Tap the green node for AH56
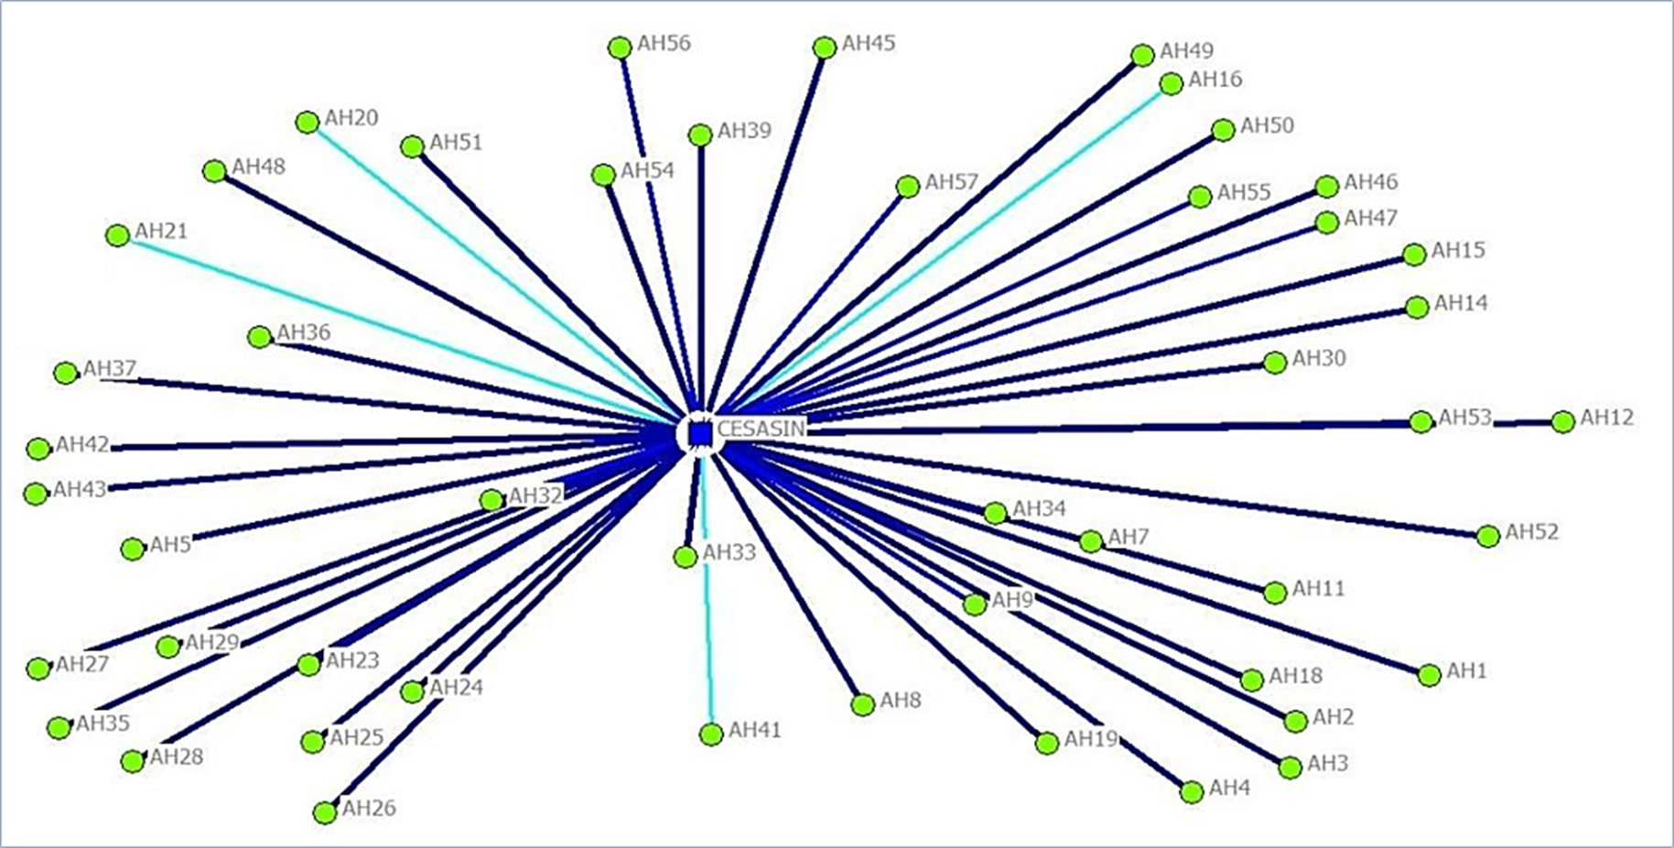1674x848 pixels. (620, 47)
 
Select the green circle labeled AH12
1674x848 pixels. (1563, 421)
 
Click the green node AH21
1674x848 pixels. (117, 235)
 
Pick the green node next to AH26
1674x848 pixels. (325, 812)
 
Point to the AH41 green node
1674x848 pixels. (711, 734)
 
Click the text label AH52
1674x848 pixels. (1531, 532)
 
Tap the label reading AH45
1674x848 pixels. (869, 43)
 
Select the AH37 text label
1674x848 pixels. (110, 368)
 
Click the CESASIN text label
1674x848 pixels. (761, 429)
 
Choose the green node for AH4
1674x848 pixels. (1192, 792)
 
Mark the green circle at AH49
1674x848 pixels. (1142, 56)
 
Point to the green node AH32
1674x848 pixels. (491, 500)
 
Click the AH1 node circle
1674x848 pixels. (1429, 675)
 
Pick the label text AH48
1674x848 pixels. (258, 167)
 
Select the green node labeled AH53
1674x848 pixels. (1420, 422)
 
